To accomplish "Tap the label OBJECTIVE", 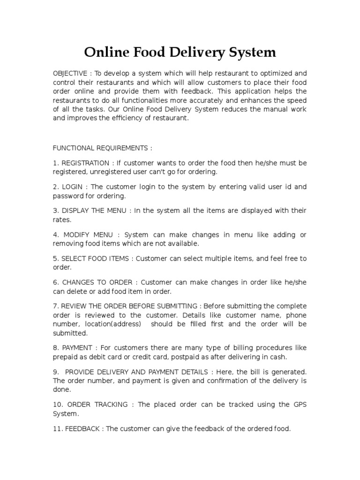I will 70,74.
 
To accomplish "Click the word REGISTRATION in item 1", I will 86,163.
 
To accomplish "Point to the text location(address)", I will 112,324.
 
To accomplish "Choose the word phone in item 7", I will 296,315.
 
